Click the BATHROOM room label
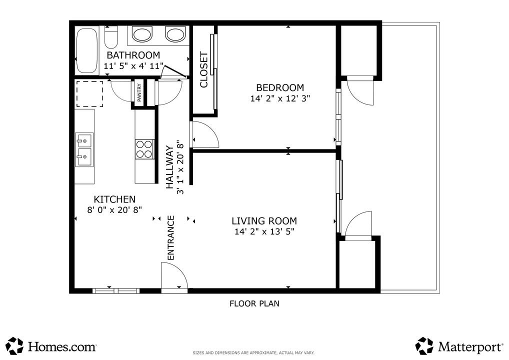tap(133, 55)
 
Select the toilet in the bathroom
tap(111, 38)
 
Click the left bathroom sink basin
tap(142, 34)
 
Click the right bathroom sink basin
tap(175, 34)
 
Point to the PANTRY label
tap(139, 92)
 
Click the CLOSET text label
tap(204, 69)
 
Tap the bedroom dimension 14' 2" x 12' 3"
tap(280, 98)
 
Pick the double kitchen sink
tap(84, 149)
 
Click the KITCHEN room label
tap(114, 199)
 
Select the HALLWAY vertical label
tap(169, 167)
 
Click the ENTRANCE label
tap(170, 237)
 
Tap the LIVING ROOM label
tap(264, 220)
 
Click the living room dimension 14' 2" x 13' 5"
tap(264, 231)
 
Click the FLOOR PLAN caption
tap(254, 303)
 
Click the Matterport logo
tap(459, 345)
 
